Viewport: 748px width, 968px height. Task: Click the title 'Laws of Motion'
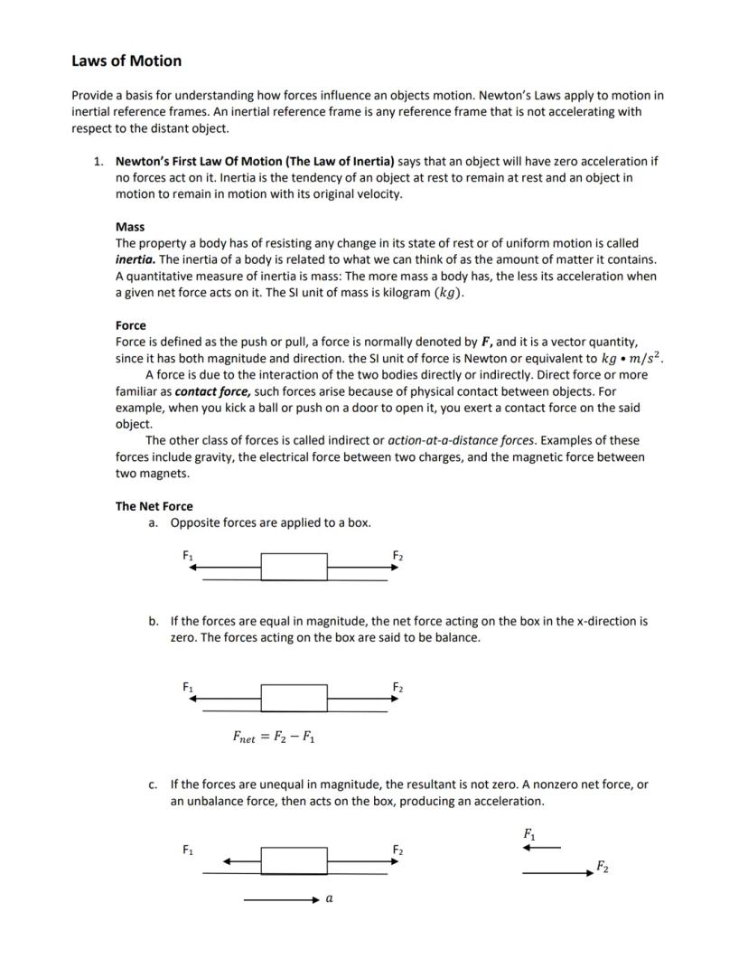(126, 61)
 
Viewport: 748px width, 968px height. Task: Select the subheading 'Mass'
(130, 227)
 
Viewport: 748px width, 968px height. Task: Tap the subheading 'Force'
(130, 325)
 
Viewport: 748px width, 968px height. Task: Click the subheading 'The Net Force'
(154, 506)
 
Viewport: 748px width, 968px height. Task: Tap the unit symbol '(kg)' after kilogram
(449, 293)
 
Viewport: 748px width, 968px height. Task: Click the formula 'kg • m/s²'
(625, 359)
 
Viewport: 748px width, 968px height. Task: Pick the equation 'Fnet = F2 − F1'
(274, 737)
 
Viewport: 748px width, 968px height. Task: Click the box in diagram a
(295, 567)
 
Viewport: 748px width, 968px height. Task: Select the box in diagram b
(295, 699)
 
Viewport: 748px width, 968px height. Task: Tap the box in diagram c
(295, 860)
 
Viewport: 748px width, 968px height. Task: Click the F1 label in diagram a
(187, 555)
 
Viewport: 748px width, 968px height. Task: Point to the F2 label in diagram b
(397, 688)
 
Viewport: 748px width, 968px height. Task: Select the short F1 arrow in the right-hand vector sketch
(542, 848)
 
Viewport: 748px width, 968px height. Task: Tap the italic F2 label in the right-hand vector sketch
(602, 868)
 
